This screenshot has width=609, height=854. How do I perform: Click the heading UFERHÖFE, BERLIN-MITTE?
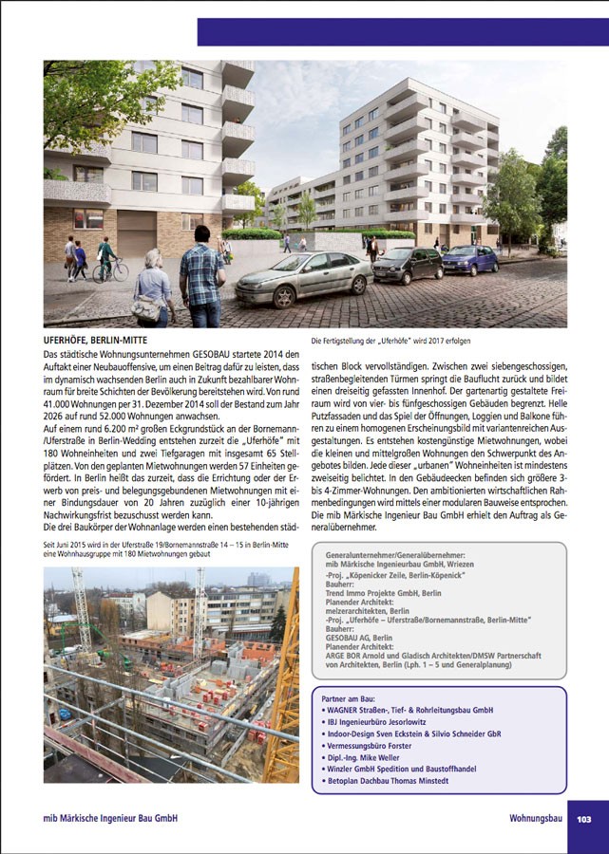point(96,339)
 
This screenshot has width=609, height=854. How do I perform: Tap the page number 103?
point(584,818)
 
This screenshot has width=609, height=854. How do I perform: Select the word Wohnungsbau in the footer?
point(536,818)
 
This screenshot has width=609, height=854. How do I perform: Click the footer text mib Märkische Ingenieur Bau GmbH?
point(110,818)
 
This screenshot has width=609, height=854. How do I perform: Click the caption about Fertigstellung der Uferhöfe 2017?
point(390,340)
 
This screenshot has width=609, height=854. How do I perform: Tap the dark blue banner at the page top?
point(403,31)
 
